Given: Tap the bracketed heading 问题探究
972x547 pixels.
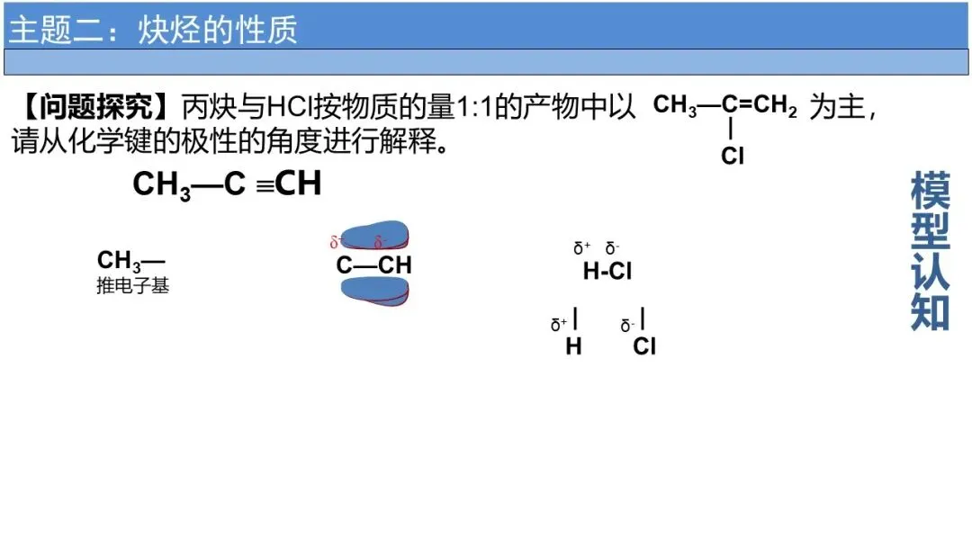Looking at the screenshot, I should [95, 107].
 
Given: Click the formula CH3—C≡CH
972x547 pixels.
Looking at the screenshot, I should [227, 184].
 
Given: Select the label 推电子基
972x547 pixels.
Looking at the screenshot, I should [132, 287].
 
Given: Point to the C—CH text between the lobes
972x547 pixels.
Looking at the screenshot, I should [373, 265].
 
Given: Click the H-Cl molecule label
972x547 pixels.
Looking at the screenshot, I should [607, 271].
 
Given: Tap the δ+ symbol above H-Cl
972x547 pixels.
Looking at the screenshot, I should [581, 247].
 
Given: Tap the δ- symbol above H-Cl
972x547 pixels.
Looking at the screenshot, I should [613, 247].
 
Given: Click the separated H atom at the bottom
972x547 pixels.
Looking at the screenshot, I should [573, 346].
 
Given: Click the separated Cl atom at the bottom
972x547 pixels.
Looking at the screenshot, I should [644, 346].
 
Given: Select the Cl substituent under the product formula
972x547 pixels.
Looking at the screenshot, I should [733, 157].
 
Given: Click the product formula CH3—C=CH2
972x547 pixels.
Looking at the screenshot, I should [725, 106].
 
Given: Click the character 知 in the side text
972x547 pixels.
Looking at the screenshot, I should [930, 311].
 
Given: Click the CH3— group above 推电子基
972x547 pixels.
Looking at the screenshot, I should [130, 261].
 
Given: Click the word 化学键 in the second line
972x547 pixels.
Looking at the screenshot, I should [148, 141].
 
